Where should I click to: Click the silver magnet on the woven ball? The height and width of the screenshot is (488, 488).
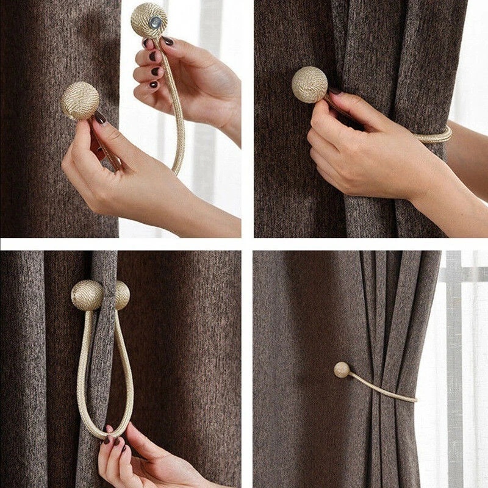[156, 23]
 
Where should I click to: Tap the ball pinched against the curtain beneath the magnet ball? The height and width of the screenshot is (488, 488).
[80, 101]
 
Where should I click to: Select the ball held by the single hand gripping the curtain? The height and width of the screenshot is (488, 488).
[309, 84]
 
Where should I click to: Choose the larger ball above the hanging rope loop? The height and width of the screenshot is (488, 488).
[87, 295]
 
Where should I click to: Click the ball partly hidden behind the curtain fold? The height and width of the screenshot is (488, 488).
[123, 295]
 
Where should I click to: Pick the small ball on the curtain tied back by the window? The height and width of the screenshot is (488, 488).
[342, 370]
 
